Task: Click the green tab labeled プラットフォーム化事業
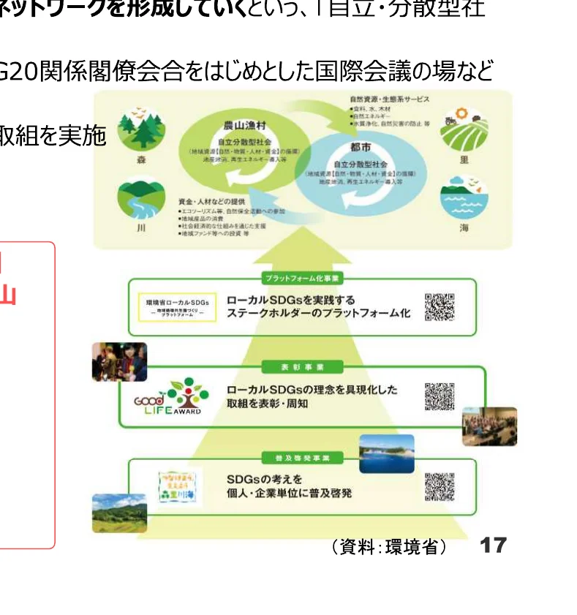pyautogui.click(x=303, y=279)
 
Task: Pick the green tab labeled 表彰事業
pyautogui.click(x=303, y=366)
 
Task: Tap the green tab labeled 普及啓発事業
pyautogui.click(x=303, y=458)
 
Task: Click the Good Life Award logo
pyautogui.click(x=169, y=397)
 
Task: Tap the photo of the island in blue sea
pyautogui.click(x=386, y=453)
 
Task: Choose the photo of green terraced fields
pyautogui.click(x=119, y=513)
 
